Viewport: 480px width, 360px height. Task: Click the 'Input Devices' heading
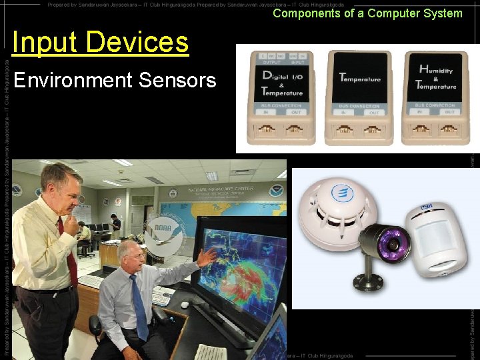tap(101, 43)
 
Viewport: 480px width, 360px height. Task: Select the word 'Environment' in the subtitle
tap(73, 81)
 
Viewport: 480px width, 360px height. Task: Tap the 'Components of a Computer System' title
tap(367, 13)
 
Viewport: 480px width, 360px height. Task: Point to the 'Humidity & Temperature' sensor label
tap(435, 78)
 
